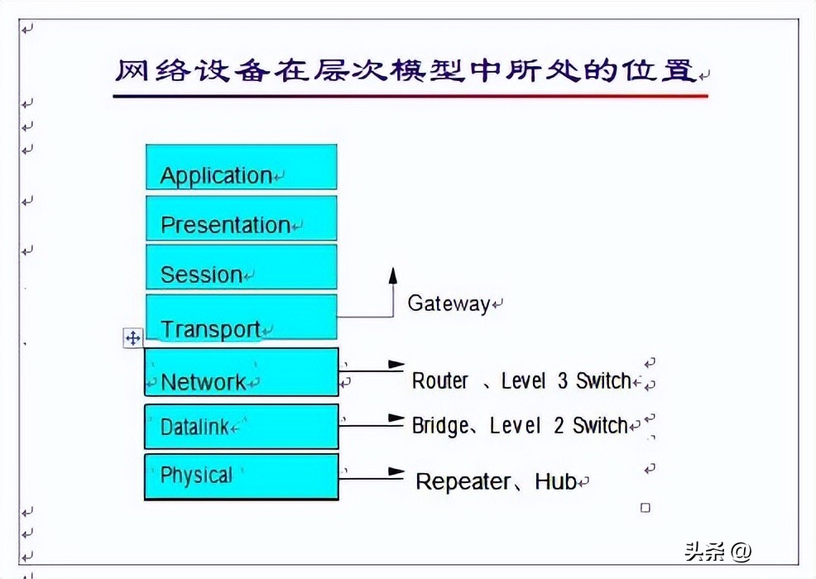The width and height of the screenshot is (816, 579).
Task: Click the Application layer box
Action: (x=241, y=167)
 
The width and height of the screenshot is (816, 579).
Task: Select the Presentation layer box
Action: (x=241, y=218)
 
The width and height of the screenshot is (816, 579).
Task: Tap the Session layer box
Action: (x=241, y=266)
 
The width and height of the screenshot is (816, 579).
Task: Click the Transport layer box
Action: (x=241, y=317)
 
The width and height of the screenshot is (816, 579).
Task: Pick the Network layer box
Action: (x=241, y=372)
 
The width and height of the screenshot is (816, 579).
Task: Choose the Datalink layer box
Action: (x=241, y=426)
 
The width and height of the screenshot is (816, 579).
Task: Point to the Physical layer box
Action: (x=241, y=476)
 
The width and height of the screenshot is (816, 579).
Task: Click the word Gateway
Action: (x=449, y=304)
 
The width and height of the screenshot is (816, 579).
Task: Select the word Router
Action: (x=440, y=380)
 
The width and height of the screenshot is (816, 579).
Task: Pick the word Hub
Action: (x=554, y=481)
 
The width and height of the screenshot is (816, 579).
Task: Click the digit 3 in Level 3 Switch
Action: (x=562, y=380)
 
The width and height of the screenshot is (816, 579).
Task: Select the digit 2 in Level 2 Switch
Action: (x=559, y=425)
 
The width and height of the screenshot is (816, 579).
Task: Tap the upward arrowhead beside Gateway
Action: (x=393, y=276)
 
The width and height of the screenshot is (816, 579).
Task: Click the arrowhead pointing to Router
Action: (x=397, y=364)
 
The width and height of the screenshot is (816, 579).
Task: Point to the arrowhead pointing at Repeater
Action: (x=396, y=474)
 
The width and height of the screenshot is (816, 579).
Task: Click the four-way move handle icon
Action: (x=132, y=337)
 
